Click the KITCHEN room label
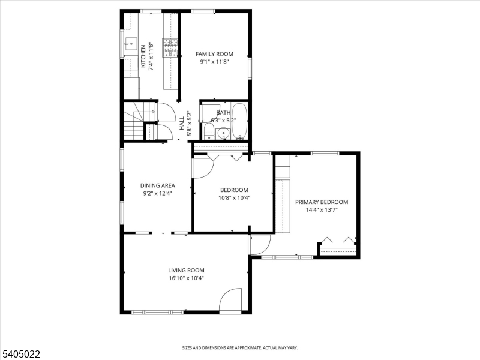pos(143,56)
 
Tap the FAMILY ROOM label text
pos(214,54)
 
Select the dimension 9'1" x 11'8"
pos(214,62)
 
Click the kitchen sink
pos(131,44)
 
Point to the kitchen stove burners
pos(170,47)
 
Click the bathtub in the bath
pos(239,121)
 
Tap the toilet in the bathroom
pos(209,131)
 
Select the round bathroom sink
pos(223,133)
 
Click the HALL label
pos(182,123)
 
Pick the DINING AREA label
pos(158,185)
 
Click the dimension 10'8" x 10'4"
pos(234,198)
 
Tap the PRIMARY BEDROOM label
pos(322,202)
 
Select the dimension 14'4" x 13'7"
pos(322,210)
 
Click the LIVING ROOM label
pos(186,271)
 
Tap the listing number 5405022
pos(20,354)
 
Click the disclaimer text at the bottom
pos(240,348)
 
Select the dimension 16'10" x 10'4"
pos(186,278)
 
